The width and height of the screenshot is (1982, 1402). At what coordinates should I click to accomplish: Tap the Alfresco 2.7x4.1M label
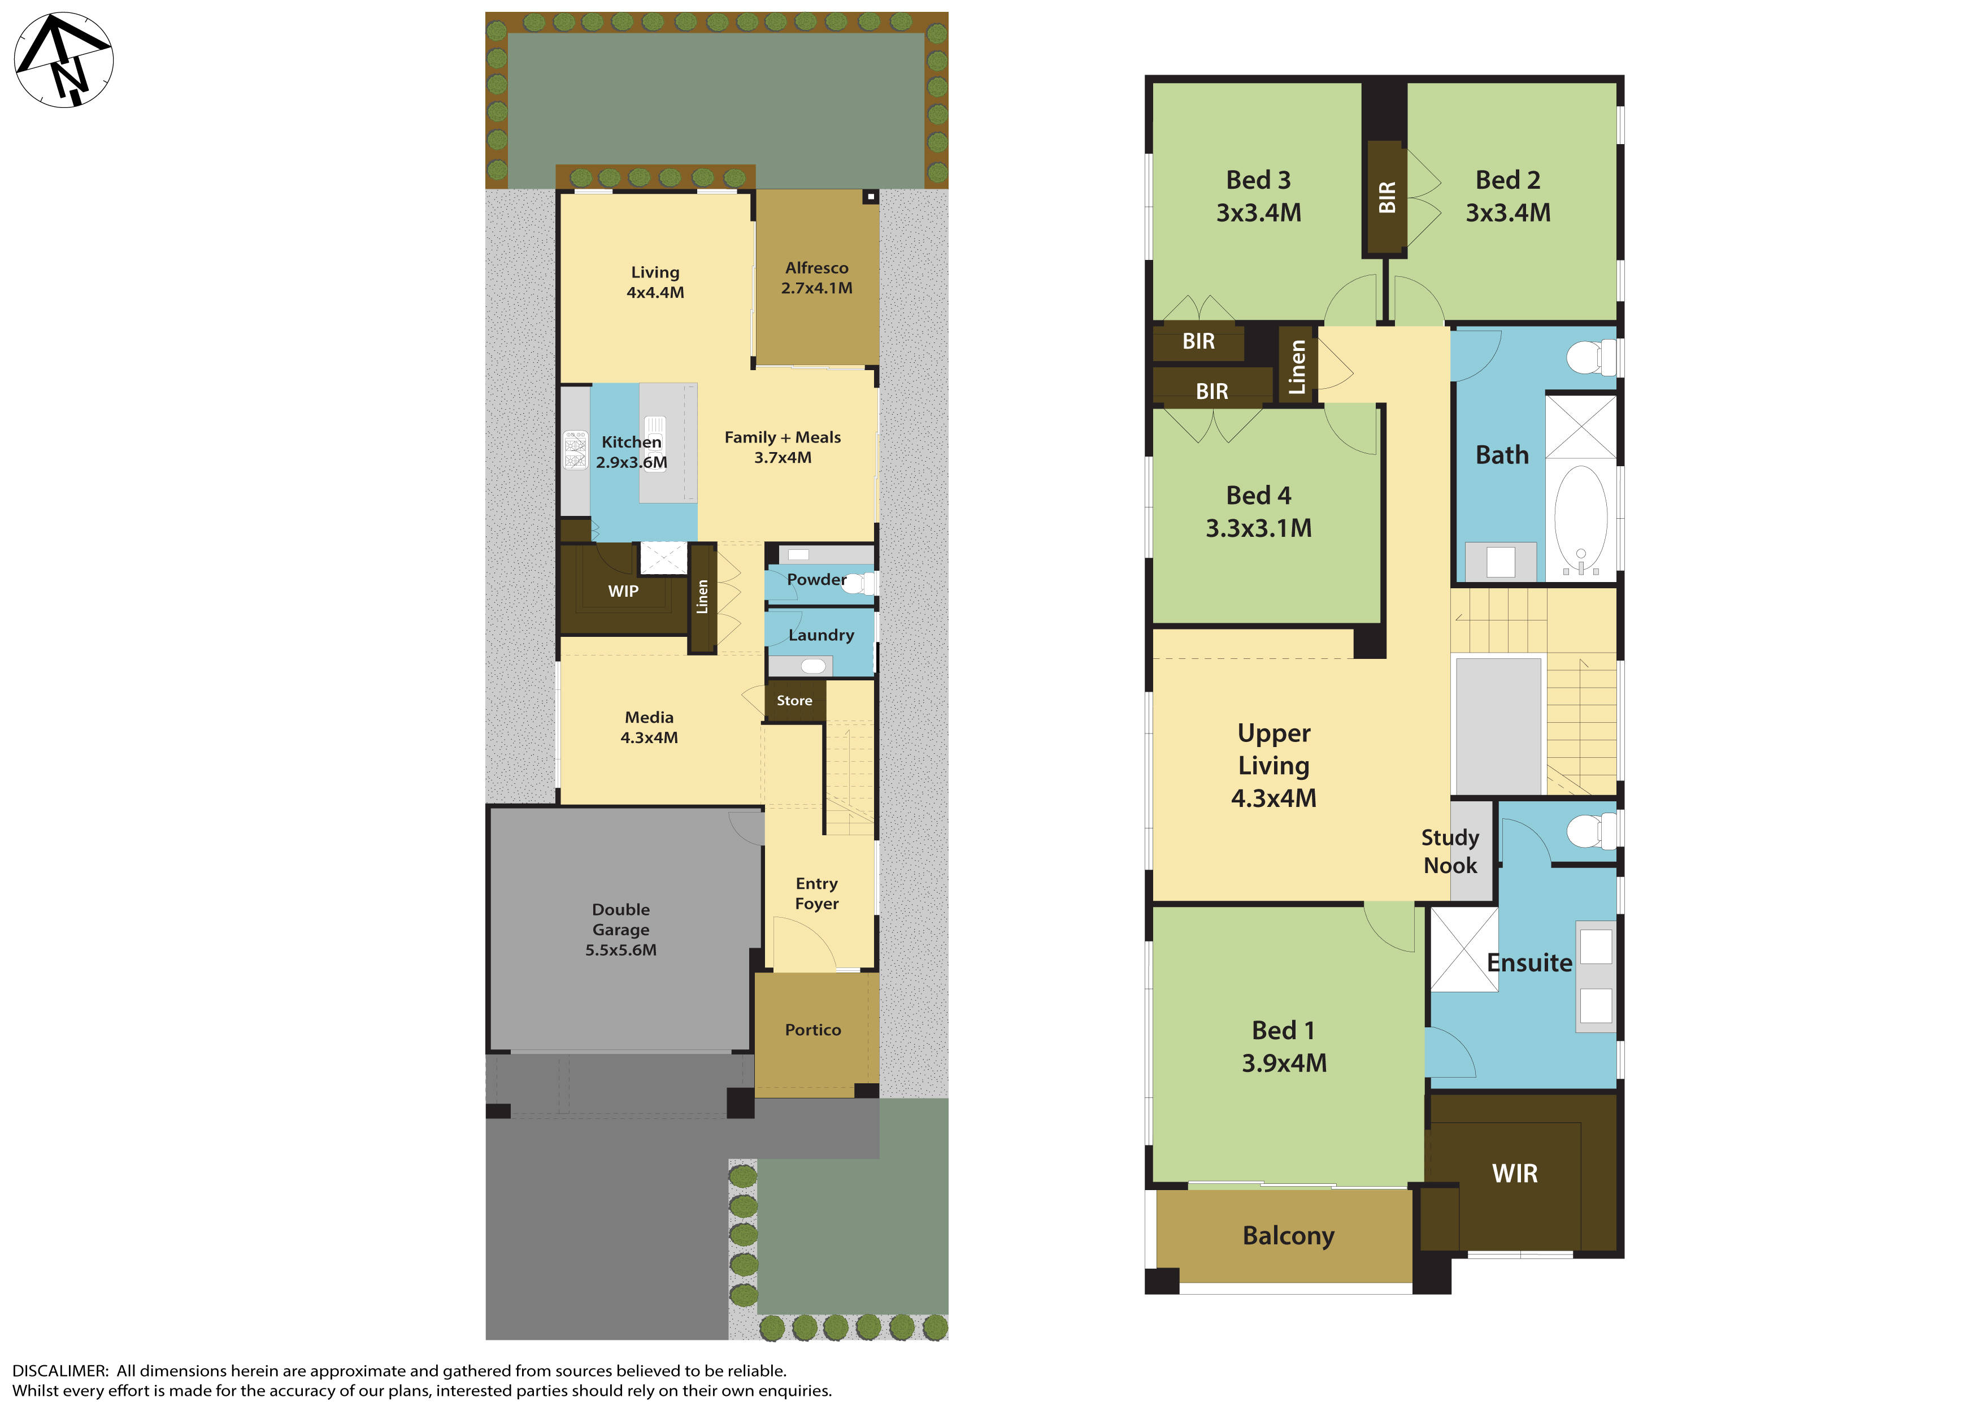coord(816,278)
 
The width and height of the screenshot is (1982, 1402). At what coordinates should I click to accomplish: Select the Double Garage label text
coord(621,929)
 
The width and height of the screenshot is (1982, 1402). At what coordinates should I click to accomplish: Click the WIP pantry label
coord(623,591)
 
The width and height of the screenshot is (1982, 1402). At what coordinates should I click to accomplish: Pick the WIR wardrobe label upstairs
coord(1514,1173)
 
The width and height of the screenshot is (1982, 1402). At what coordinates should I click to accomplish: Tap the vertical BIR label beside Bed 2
coord(1386,198)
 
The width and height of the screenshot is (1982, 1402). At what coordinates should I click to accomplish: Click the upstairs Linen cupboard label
coord(1297,366)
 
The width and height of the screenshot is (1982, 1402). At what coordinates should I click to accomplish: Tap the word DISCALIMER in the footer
coord(59,1370)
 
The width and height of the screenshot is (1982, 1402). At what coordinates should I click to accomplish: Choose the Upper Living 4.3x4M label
coord(1273,765)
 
